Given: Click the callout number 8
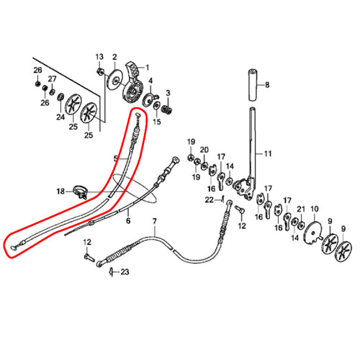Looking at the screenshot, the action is coord(267,85).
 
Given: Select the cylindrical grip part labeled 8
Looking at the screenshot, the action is coord(253,85).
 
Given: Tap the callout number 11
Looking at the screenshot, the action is coord(268,153).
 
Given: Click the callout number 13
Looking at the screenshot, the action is coord(99,57).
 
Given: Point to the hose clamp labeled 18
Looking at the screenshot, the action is coord(80,192).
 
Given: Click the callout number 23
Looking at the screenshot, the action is coord(125,272).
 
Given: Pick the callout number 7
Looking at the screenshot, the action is coord(154,221).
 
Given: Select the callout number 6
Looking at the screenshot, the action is coord(128,220).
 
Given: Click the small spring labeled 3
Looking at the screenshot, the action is coord(166,109).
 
